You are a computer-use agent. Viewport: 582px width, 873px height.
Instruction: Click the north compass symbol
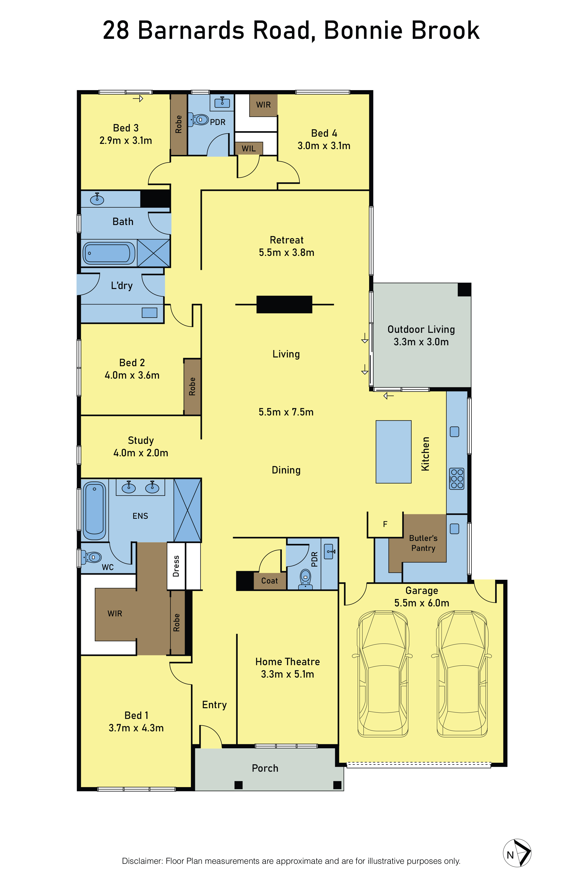517,853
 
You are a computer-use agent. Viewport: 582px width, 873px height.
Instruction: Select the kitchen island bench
394,452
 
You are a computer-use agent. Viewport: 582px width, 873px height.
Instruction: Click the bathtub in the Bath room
109,253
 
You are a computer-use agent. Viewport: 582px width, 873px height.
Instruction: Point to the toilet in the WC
91,557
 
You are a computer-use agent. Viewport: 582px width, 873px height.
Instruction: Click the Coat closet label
270,581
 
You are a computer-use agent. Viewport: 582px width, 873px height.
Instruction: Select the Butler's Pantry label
423,543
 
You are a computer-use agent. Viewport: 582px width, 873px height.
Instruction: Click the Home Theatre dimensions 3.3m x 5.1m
287,674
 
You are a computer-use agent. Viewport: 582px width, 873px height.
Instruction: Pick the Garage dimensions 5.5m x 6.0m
422,603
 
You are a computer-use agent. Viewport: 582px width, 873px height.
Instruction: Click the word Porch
265,768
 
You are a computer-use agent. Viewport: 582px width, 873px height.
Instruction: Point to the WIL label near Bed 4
249,148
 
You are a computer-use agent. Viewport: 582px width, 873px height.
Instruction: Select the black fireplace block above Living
284,304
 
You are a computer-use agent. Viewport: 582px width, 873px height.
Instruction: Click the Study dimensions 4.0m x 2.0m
141,453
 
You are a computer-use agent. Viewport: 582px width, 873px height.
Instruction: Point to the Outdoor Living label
421,329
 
